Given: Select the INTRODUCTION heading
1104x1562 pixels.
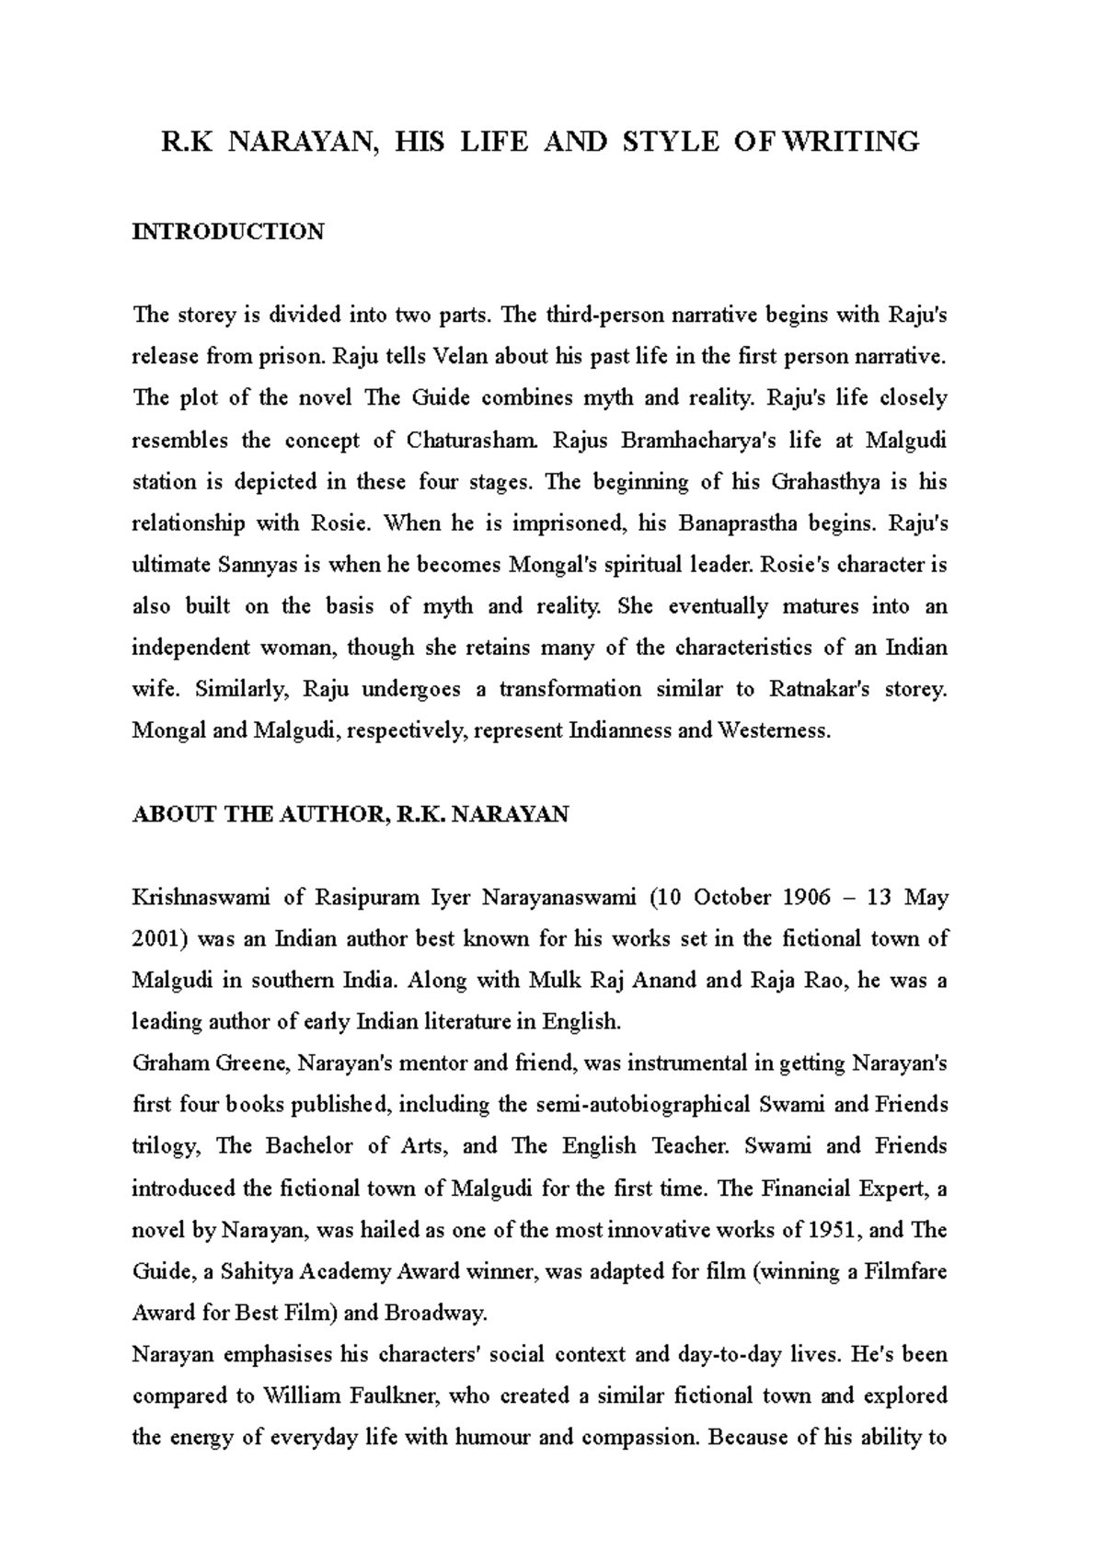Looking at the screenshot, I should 227,232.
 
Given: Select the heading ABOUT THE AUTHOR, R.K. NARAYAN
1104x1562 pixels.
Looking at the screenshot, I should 351,815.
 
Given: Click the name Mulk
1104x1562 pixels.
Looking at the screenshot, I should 554,981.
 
